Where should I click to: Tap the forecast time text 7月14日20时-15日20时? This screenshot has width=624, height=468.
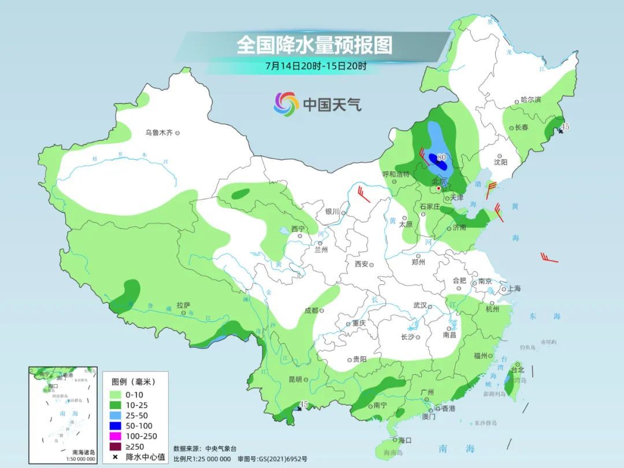(315, 66)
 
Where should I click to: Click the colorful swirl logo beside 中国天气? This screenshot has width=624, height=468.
(286, 104)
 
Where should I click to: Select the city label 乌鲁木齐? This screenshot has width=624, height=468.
(159, 133)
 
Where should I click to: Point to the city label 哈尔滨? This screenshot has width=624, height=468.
(530, 100)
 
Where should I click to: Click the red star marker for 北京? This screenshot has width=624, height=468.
(439, 188)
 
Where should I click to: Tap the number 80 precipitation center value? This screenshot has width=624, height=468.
(442, 157)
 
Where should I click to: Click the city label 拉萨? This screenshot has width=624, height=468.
(183, 305)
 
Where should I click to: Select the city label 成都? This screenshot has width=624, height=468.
(311, 310)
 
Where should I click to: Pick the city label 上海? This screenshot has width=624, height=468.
(514, 289)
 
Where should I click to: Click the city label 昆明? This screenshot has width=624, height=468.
(294, 380)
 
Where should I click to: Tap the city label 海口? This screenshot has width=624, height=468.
(405, 440)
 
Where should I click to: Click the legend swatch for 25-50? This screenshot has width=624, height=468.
(118, 415)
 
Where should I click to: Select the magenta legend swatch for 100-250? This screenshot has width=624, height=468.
(118, 436)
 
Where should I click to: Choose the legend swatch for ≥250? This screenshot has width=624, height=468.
(118, 447)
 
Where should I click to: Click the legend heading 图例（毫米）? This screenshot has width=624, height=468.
(133, 382)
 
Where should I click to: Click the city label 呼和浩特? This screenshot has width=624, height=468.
(396, 174)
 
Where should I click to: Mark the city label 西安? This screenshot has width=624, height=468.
(361, 264)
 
